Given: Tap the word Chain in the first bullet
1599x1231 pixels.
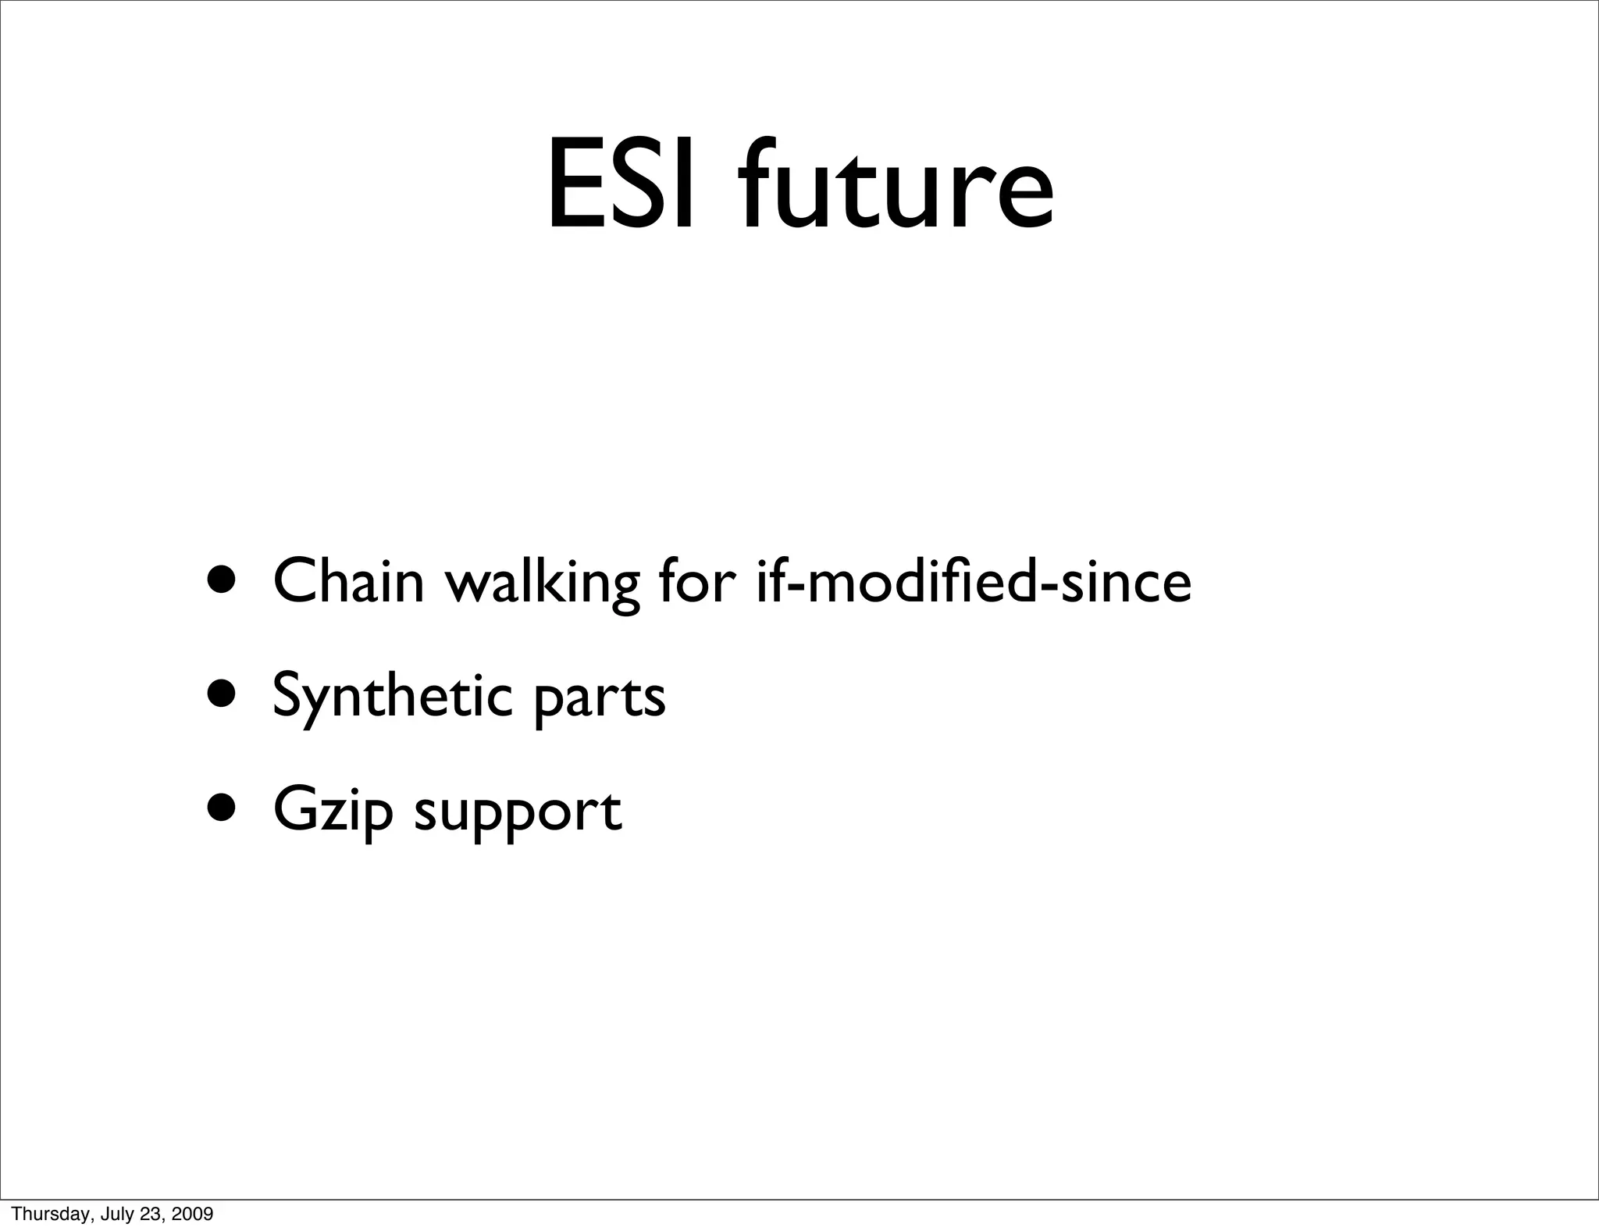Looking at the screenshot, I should (x=348, y=581).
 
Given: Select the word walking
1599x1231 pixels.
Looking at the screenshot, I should (x=542, y=583).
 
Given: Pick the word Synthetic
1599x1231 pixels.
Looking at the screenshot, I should (x=392, y=696).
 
